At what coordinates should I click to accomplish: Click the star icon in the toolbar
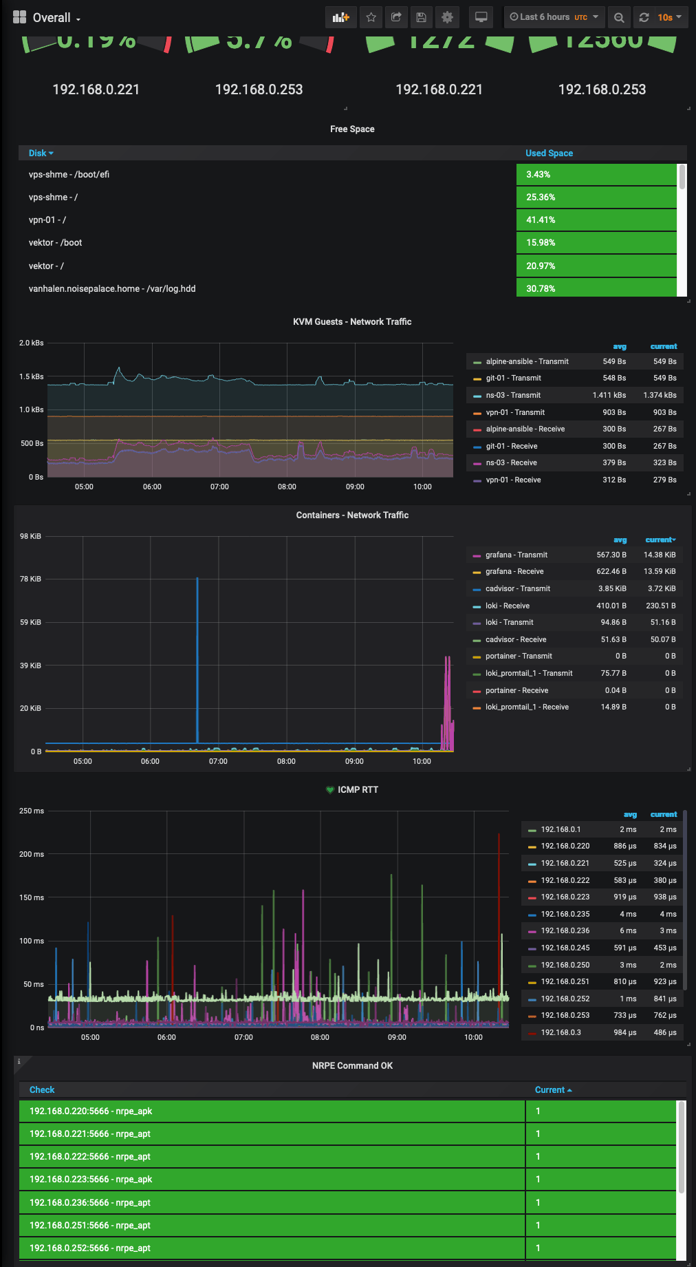(371, 17)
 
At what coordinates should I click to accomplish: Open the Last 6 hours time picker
(554, 17)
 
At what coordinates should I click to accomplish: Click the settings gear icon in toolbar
(447, 17)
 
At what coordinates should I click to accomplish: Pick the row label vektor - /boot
(55, 243)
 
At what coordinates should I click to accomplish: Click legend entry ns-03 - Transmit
(513, 396)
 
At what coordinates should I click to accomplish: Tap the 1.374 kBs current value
(660, 396)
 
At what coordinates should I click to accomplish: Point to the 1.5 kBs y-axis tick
(32, 376)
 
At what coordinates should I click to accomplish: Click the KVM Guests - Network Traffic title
(352, 322)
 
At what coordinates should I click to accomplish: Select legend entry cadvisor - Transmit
(517, 589)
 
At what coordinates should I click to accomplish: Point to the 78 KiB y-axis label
(30, 579)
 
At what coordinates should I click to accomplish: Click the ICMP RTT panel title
(357, 790)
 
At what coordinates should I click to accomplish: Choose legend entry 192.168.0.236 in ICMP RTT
(565, 931)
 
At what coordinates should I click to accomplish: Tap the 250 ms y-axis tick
(32, 811)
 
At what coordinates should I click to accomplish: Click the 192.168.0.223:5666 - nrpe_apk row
(91, 1180)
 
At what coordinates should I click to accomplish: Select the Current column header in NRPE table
(552, 1090)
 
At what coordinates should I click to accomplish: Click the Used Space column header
(549, 153)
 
